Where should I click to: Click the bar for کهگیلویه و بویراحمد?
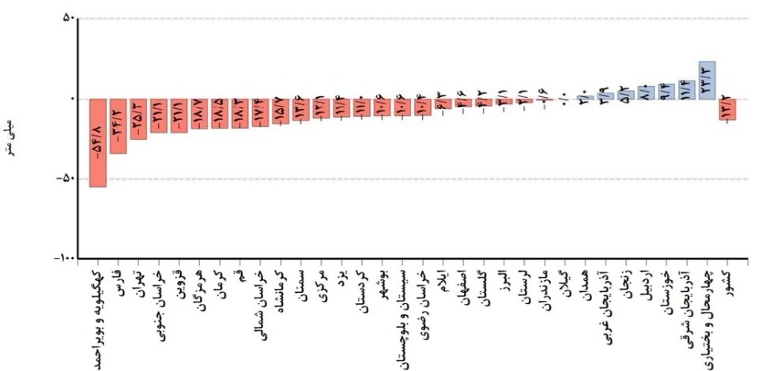tap(98, 143)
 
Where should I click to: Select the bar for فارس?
tap(118, 126)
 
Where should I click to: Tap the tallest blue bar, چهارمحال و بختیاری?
tap(707, 81)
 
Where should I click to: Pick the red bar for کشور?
tap(727, 109)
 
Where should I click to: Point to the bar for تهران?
tap(138, 118)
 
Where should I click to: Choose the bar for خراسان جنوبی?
tap(159, 115)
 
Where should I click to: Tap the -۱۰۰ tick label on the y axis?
tap(63, 258)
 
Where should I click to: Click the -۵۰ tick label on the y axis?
tap(65, 178)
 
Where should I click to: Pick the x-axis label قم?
tap(240, 276)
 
